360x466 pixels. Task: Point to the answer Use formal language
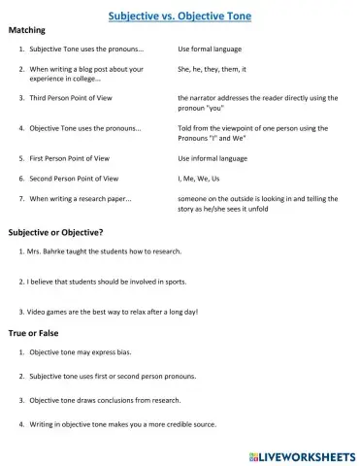pyautogui.click(x=210, y=48)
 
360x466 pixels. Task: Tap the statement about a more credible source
pyautogui.click(x=122, y=424)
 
